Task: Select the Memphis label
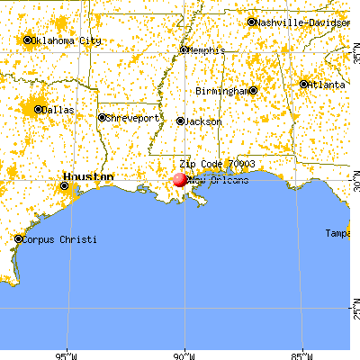pos(207,49)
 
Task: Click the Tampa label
pos(338,233)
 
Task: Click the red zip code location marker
pos(180,179)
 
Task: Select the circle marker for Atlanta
pos(304,85)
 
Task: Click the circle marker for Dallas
pos(37,110)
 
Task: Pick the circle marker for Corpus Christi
pos(19,239)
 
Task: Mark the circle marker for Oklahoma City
pos(28,40)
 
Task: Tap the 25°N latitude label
pos(355,314)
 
